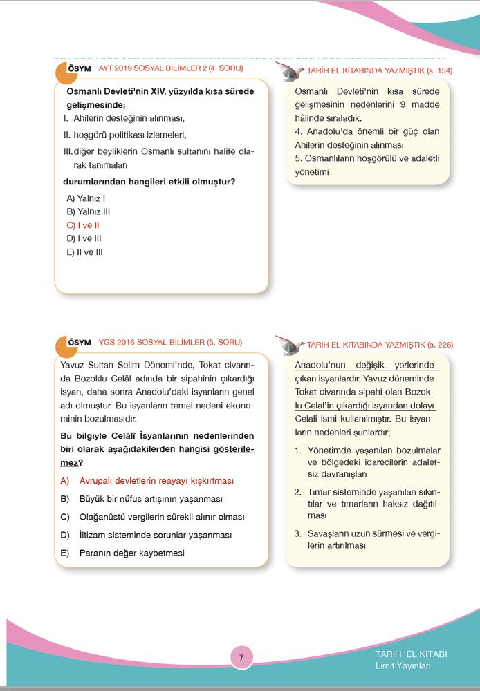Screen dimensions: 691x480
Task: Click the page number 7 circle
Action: [241, 658]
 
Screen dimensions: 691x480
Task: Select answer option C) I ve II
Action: [84, 225]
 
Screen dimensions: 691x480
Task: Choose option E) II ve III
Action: [84, 252]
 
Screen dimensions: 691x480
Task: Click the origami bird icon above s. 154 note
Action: [288, 70]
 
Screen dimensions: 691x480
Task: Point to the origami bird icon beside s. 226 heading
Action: [288, 343]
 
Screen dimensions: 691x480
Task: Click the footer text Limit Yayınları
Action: [403, 666]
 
